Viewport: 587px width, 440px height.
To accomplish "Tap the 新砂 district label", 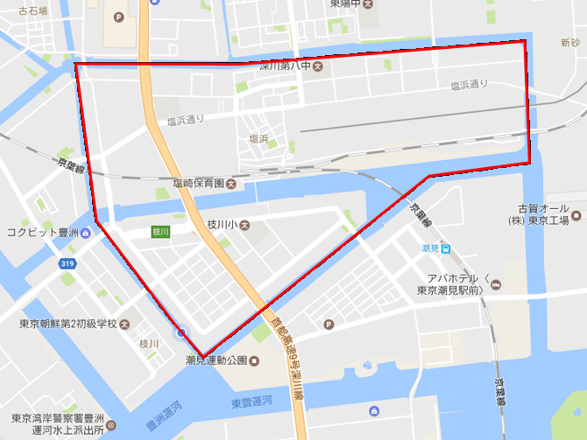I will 570,43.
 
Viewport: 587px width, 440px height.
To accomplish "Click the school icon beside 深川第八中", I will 318,66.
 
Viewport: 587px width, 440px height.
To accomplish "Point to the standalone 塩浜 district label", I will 258,138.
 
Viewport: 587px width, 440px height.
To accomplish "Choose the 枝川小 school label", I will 222,225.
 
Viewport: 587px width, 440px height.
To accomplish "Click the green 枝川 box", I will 160,232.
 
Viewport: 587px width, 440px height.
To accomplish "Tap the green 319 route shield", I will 67,262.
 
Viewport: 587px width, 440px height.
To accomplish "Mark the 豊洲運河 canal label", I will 157,416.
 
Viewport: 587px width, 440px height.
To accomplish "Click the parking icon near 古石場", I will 118,17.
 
